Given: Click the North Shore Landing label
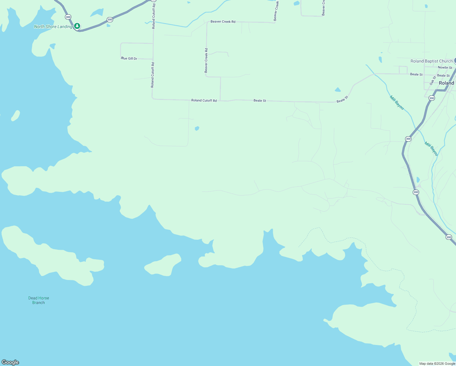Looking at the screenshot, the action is [53, 27].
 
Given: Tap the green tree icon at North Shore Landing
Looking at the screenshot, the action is [77, 26].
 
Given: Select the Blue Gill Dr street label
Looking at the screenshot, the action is [129, 59].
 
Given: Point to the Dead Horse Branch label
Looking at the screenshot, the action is [39, 300].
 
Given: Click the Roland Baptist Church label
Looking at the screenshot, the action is [431, 61].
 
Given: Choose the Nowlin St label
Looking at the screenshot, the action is [445, 68].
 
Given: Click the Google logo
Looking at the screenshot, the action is [10, 362].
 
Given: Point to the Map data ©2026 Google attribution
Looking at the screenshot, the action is [437, 364].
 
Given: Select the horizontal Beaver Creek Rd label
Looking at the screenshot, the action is [223, 22].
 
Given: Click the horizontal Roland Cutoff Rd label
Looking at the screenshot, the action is [204, 100].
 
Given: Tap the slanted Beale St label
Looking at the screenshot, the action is [342, 99].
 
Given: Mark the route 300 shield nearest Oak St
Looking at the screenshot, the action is [432, 98].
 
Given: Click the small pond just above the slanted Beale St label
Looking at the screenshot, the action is [338, 90].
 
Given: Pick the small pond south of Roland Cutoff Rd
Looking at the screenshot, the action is [197, 128].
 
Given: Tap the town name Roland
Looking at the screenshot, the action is [446, 83].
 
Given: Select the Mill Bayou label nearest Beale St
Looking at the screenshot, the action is [397, 103].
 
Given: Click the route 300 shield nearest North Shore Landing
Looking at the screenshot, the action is [68, 17].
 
